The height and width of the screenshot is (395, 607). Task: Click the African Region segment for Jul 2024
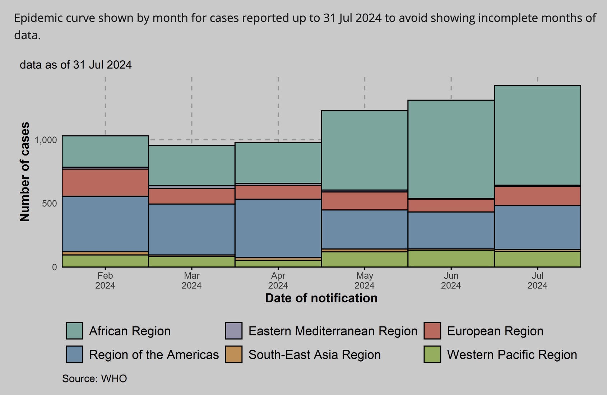[537, 135]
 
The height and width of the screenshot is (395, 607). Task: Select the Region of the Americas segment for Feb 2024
[105, 224]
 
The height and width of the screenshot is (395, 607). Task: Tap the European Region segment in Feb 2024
[105, 182]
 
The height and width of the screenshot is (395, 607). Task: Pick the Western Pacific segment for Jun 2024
[451, 259]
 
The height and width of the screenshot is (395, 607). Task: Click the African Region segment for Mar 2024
[191, 166]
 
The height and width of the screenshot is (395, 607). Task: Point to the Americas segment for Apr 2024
[278, 228]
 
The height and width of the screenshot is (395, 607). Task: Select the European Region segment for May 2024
[365, 201]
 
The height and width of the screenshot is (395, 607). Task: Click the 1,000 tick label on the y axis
[46, 140]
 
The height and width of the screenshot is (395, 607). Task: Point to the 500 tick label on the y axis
[49, 204]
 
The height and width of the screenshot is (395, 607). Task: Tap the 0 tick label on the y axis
[54, 267]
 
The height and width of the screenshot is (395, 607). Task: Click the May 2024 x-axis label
[365, 280]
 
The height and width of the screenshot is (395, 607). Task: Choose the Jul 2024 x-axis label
[537, 280]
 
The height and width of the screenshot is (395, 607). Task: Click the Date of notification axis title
[321, 298]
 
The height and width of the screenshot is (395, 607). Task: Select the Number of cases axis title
[24, 172]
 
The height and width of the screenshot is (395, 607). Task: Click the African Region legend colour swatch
[74, 331]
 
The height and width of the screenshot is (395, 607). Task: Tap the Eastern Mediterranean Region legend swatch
[233, 331]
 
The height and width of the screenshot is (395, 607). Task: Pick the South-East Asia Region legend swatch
[233, 354]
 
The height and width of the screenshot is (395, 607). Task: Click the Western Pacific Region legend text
[512, 354]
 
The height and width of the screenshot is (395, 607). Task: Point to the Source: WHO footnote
[94, 378]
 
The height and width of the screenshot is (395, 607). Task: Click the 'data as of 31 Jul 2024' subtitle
[75, 65]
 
